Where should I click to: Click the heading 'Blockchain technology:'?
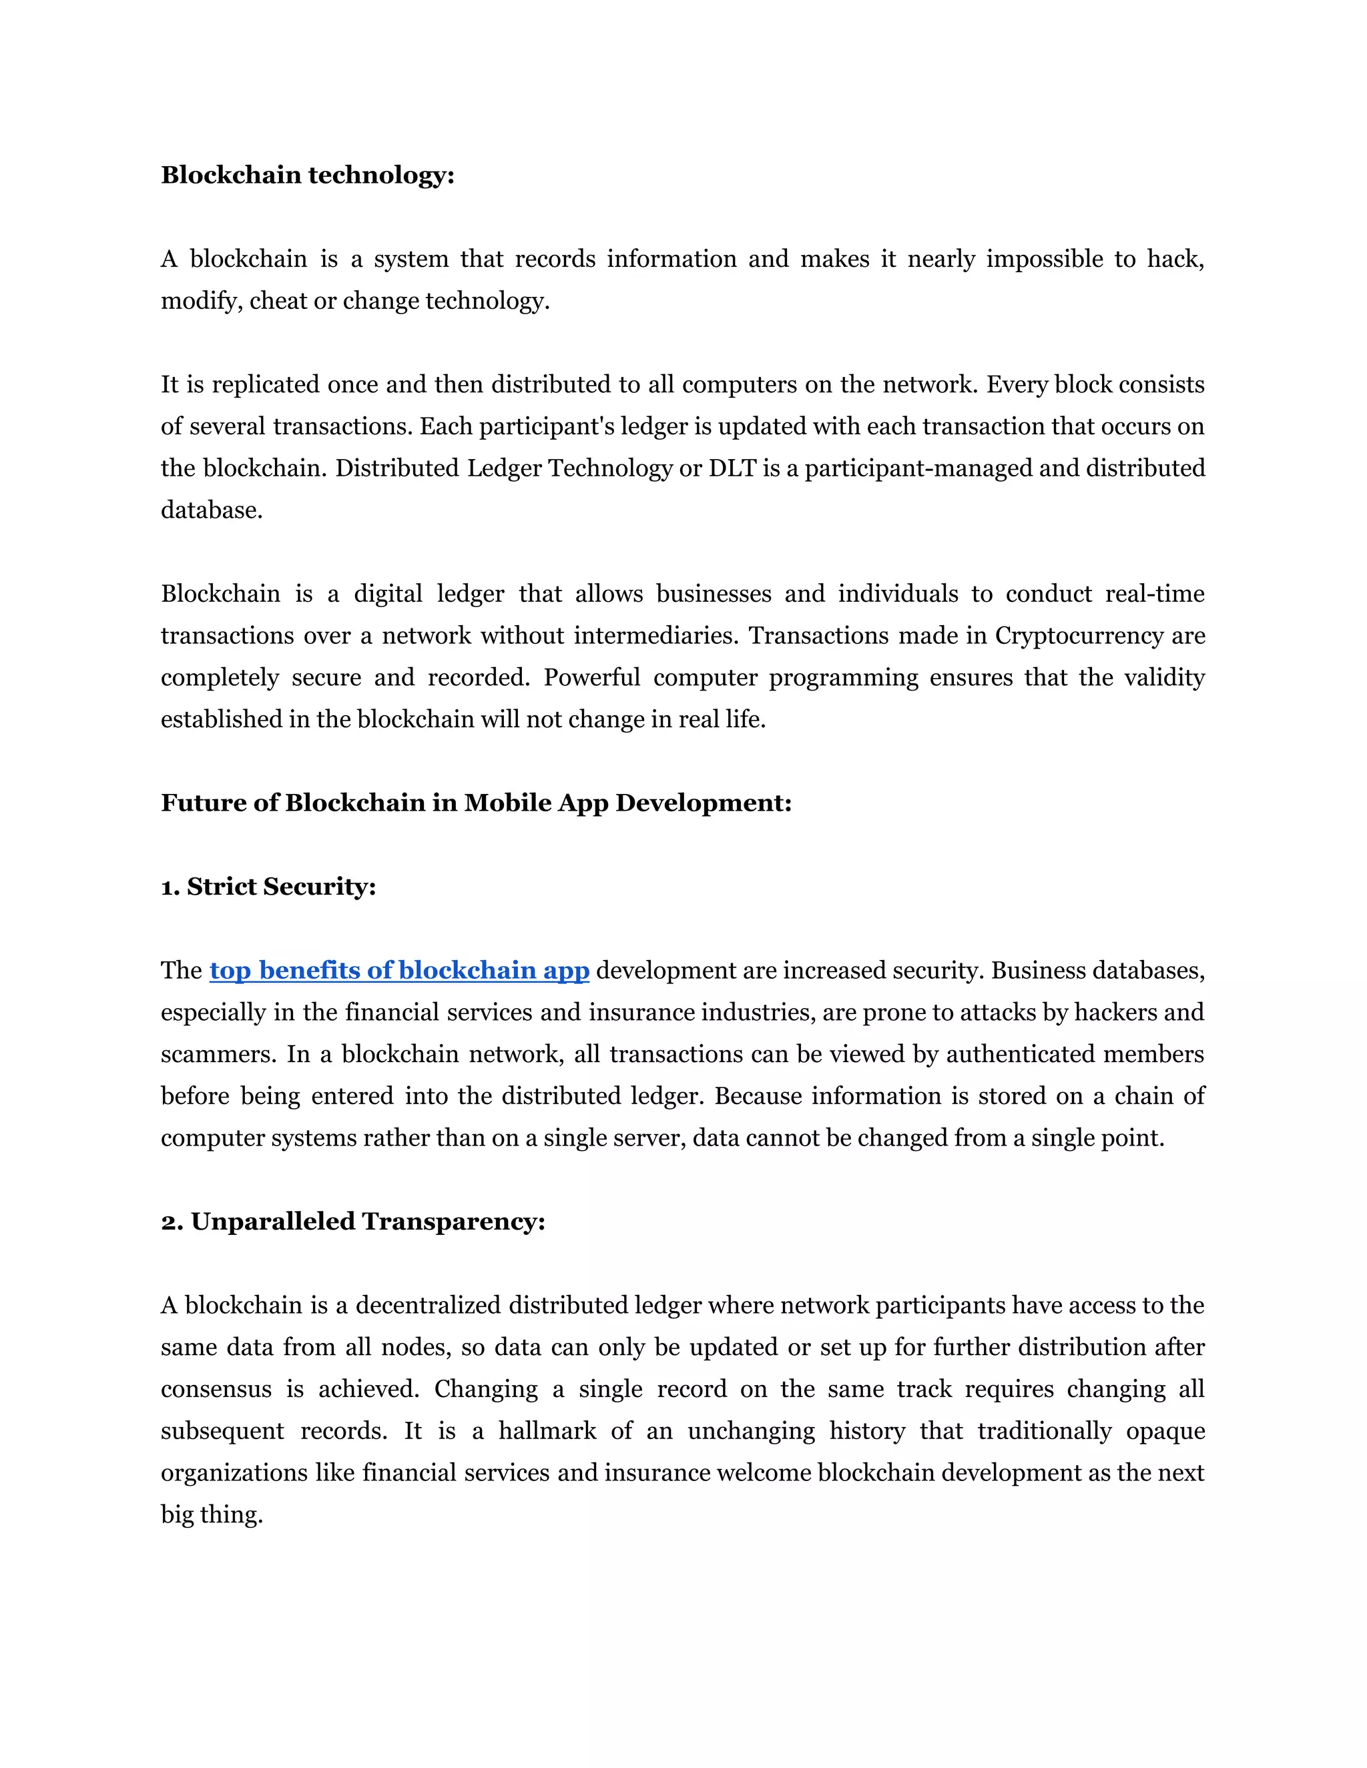click(x=308, y=175)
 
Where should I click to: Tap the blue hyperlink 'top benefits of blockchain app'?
click(x=399, y=970)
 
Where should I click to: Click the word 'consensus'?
click(x=216, y=1389)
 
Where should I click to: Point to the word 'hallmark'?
click(x=547, y=1431)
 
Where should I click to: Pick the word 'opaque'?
click(x=1165, y=1431)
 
